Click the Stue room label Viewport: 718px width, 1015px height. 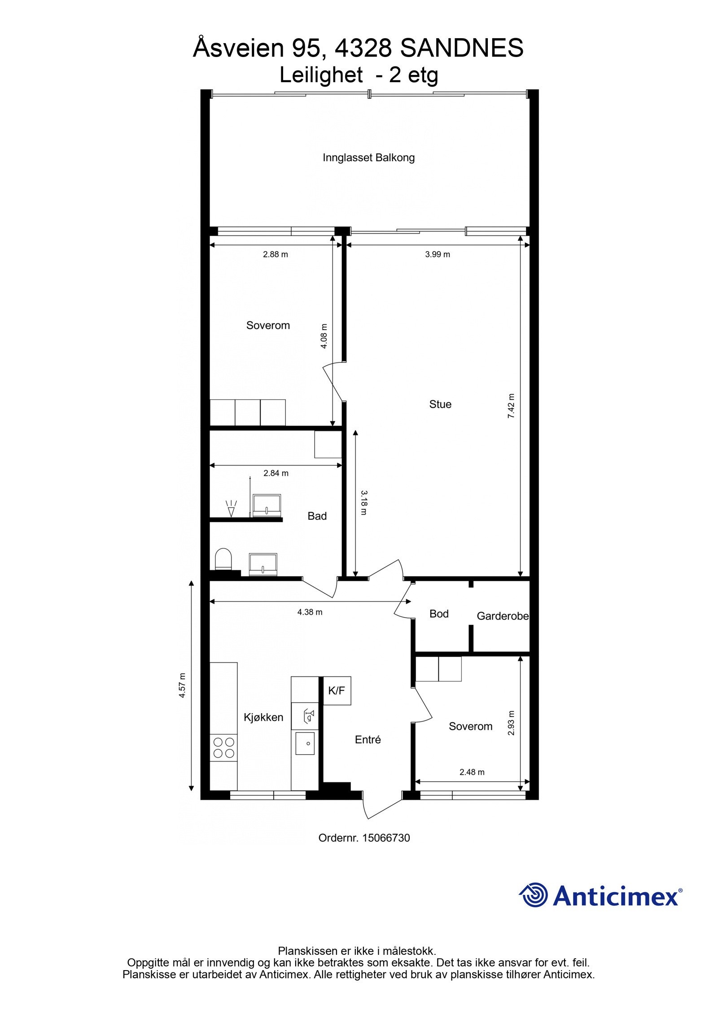pos(440,404)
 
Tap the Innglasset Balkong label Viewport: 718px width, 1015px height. pos(368,158)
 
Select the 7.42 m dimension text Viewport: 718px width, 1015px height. pos(511,406)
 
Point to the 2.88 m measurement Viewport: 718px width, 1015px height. pos(275,254)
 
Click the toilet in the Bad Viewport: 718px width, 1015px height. pos(223,559)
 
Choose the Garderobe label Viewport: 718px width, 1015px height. pos(503,616)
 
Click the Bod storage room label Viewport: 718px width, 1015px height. pos(439,614)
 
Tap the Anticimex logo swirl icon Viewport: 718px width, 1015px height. pos(534,895)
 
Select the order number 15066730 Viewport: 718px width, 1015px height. pos(386,838)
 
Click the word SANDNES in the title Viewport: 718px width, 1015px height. pos(461,48)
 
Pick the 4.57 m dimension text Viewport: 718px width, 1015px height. pos(182,686)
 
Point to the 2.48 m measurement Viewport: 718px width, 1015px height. pos(472,772)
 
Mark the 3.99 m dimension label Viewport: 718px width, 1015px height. pos(437,254)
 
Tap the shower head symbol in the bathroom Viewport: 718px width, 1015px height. pos(232,509)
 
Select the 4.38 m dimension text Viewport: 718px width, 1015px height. pos(310,612)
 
